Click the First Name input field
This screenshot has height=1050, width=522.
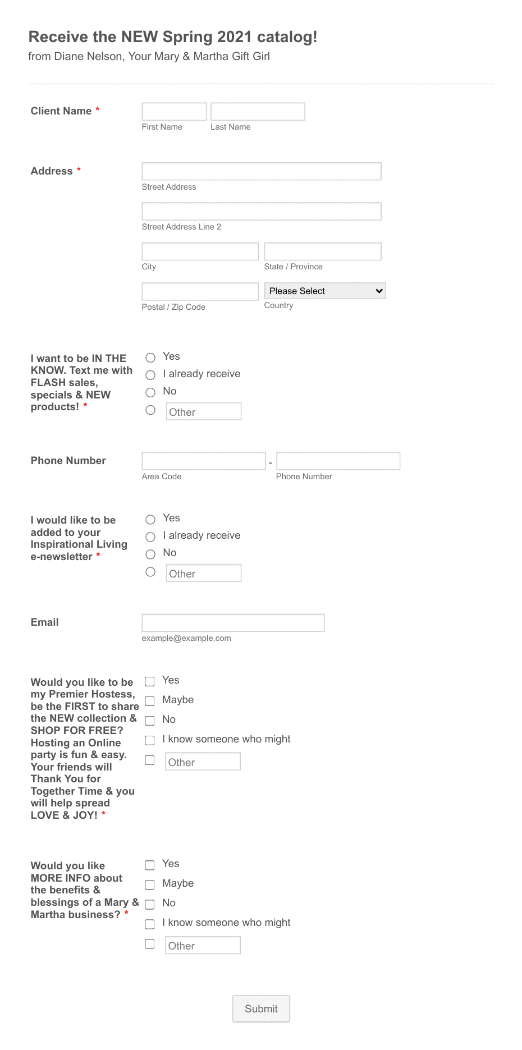click(174, 112)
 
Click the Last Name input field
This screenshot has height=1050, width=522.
click(258, 112)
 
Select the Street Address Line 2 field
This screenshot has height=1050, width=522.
click(262, 212)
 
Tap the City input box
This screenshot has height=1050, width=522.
click(200, 251)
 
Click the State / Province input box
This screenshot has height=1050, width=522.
click(323, 251)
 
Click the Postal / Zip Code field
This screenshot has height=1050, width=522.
click(200, 292)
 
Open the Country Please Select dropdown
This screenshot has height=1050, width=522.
click(325, 291)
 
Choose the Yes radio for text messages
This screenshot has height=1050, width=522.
click(150, 357)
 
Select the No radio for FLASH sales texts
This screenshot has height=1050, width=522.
click(150, 392)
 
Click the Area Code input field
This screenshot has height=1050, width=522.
click(204, 461)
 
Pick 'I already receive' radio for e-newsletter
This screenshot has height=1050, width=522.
click(150, 537)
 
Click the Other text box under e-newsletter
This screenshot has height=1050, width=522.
click(204, 573)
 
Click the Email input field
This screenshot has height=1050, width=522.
click(233, 623)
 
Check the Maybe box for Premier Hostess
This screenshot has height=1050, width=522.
click(150, 701)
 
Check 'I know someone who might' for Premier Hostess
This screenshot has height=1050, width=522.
click(150, 740)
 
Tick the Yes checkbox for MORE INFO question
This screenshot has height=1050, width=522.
click(150, 865)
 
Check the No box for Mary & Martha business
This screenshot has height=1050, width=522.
click(150, 904)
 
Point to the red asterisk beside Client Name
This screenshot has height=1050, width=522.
click(98, 109)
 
